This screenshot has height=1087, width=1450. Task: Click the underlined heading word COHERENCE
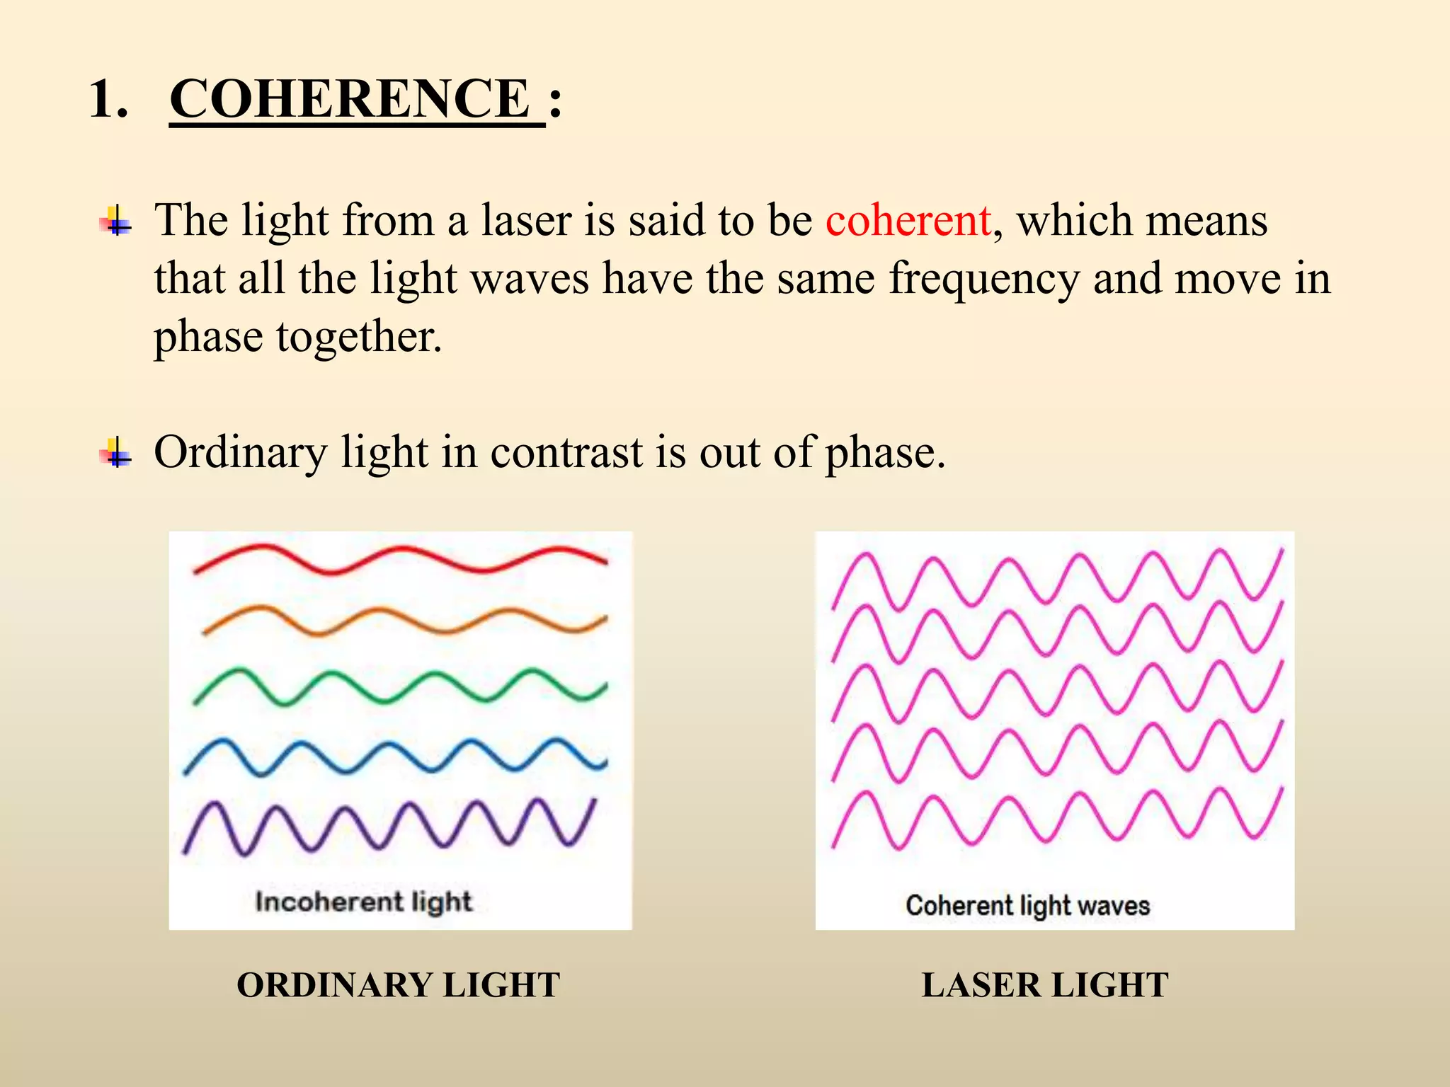coord(350,98)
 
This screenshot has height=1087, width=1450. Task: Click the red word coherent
coord(908,220)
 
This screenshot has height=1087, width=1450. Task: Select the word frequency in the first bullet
coord(984,279)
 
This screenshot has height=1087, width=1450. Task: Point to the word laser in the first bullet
coord(526,220)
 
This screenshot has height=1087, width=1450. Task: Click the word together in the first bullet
coord(359,336)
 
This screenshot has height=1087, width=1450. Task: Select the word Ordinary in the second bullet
coord(241,453)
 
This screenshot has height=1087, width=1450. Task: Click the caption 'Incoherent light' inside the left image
coord(363,902)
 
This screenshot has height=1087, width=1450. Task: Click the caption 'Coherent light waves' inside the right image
coord(1027,905)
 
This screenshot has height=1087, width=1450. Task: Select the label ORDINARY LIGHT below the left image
coord(398,985)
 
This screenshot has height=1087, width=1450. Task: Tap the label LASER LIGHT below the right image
coord(1044,985)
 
